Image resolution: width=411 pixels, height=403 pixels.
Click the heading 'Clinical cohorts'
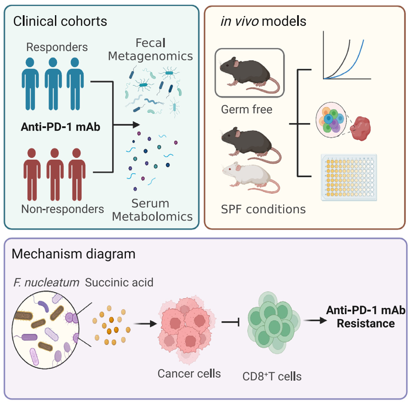point(60,21)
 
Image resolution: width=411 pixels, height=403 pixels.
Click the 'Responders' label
point(57,47)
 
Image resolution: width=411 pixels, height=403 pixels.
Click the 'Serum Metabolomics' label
point(152,210)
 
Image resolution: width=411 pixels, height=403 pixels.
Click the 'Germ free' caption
point(246,109)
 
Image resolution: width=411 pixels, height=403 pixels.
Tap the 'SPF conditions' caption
point(264,209)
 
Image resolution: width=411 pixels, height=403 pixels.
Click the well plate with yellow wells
point(348,177)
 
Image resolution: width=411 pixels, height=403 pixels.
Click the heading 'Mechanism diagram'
point(74,254)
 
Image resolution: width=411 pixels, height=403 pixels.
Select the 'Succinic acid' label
point(119,282)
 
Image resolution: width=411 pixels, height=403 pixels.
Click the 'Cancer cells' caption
point(189,373)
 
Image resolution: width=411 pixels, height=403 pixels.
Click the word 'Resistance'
point(365,323)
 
